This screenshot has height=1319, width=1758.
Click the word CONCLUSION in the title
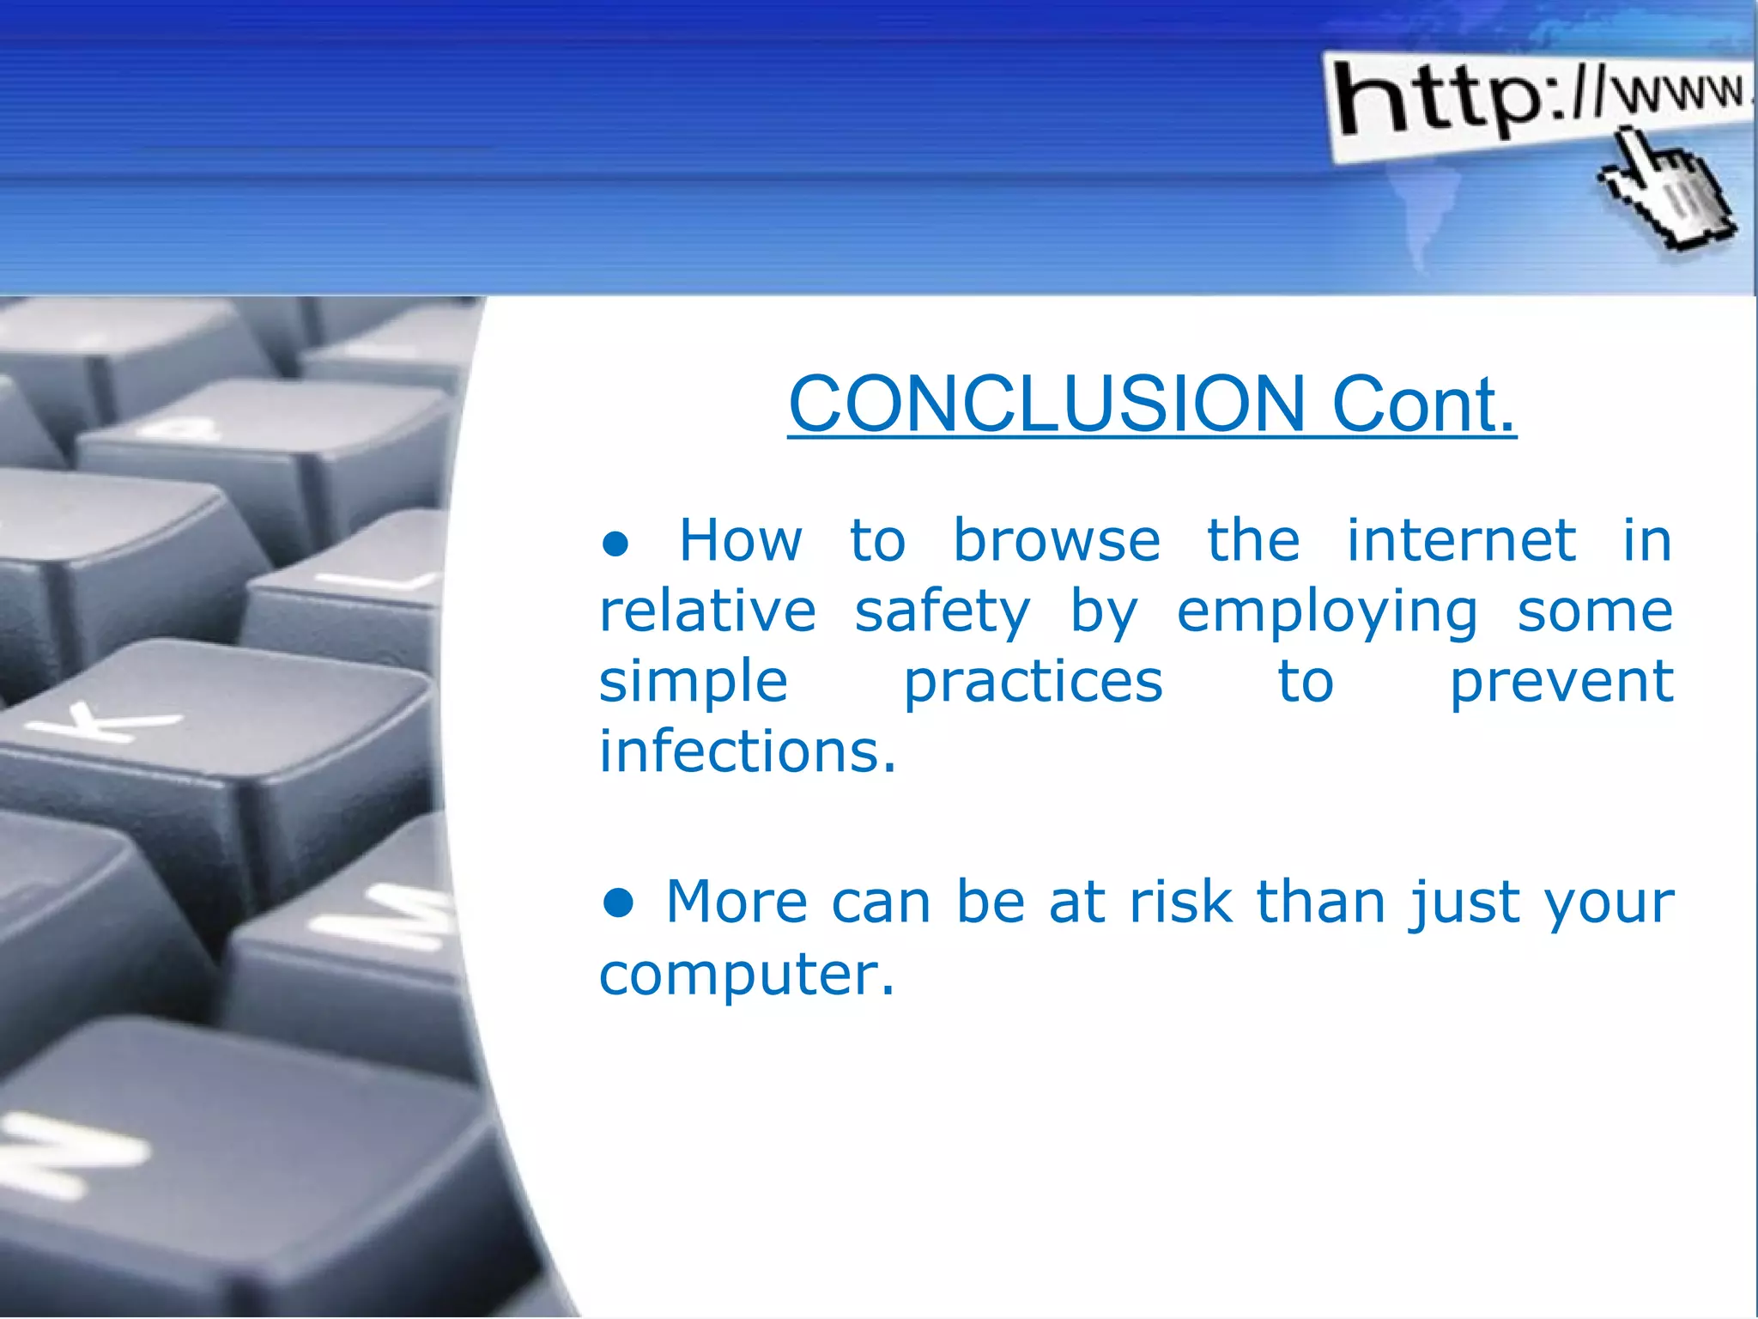pyautogui.click(x=1046, y=404)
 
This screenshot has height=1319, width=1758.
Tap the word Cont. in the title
pyautogui.click(x=1423, y=404)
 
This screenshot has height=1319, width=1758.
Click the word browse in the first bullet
pyautogui.click(x=1057, y=542)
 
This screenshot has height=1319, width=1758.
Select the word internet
pyautogui.click(x=1460, y=542)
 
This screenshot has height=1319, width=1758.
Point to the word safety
pyautogui.click(x=942, y=613)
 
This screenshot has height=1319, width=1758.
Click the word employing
pyautogui.click(x=1327, y=613)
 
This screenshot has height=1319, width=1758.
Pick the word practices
pyautogui.click(x=1033, y=683)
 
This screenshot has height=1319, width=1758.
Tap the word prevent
pyautogui.click(x=1561, y=683)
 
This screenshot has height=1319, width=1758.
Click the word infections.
pyautogui.click(x=747, y=752)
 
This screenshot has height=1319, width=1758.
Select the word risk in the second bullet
pyautogui.click(x=1181, y=903)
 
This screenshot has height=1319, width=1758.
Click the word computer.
pyautogui.click(x=746, y=975)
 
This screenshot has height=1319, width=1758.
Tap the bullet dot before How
pyautogui.click(x=615, y=544)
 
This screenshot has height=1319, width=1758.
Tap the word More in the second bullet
pyautogui.click(x=736, y=903)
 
